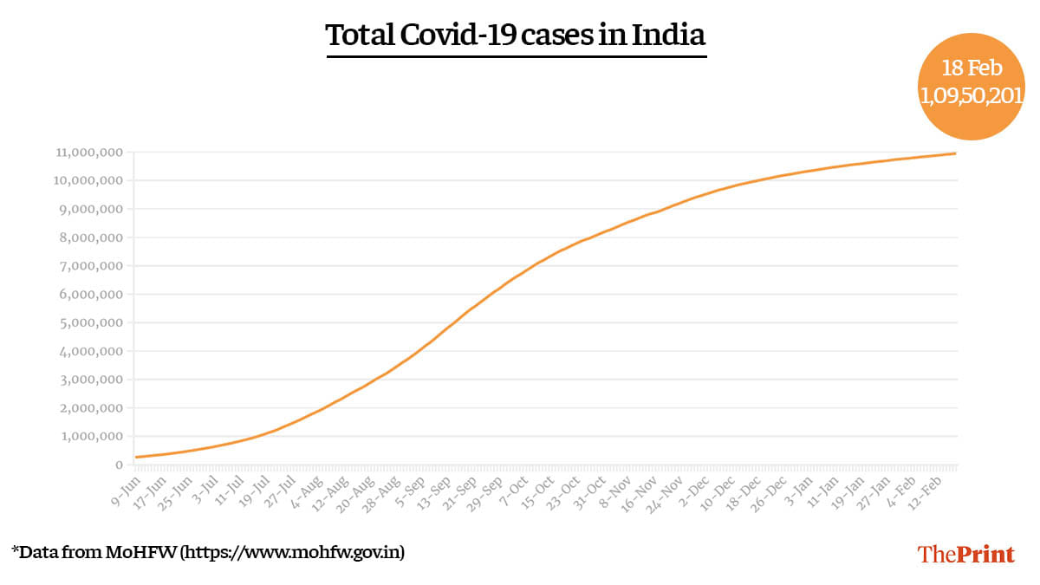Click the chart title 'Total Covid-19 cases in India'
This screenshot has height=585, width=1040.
pos(516,36)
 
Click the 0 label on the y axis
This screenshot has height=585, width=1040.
pos(120,465)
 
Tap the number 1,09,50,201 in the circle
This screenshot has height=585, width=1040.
pos(972,96)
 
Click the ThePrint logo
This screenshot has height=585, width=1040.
pos(965,555)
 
